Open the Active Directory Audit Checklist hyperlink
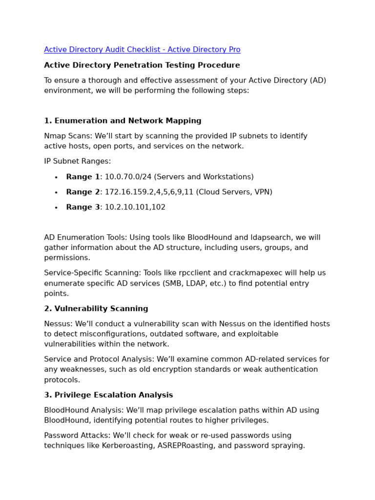pos(142,50)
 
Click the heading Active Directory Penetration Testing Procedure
pos(142,65)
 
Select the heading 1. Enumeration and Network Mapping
pos(123,121)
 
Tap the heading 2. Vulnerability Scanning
pos(96,309)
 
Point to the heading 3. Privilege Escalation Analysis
pos(108,396)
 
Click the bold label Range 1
pos(83,177)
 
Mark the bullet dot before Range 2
pos(56,193)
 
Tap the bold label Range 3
pos(83,208)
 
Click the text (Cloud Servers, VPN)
pos(234,192)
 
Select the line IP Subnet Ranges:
pos(77,162)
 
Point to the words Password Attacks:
pos(75,436)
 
